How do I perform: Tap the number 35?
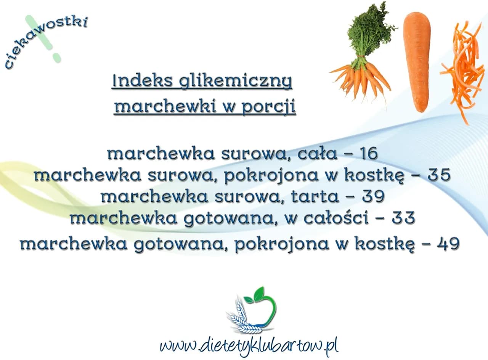pos(439,175)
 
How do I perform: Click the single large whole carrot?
pos(417,61)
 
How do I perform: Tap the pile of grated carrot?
pos(462,72)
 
